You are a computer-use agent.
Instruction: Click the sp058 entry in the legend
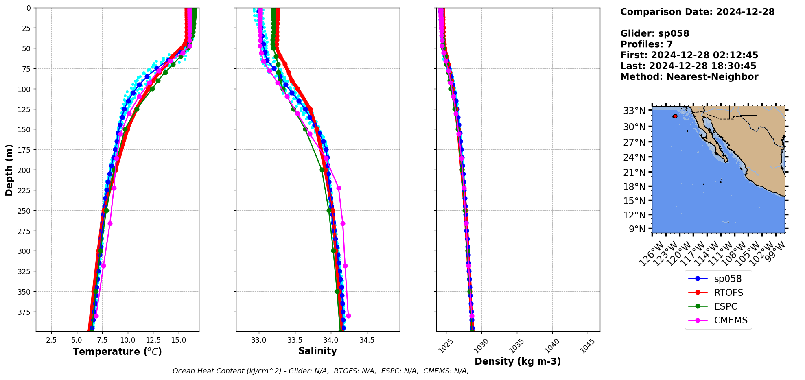click(727, 279)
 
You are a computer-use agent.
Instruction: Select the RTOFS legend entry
click(728, 293)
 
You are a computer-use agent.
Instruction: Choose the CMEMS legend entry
click(731, 320)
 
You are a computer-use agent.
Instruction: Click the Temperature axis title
click(117, 352)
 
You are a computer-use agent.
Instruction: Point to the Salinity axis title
click(317, 351)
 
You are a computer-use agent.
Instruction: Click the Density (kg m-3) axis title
click(518, 361)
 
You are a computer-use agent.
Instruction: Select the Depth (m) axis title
click(9, 170)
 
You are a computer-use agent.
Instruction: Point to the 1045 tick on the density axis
click(587, 346)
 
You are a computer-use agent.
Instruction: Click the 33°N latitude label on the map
click(634, 111)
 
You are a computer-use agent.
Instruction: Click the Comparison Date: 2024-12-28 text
click(697, 12)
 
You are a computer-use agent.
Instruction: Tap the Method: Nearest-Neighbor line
click(689, 77)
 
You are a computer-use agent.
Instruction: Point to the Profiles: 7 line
click(646, 44)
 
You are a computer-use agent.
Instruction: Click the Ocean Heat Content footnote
click(320, 371)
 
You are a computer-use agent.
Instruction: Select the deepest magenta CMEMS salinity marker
click(348, 316)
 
